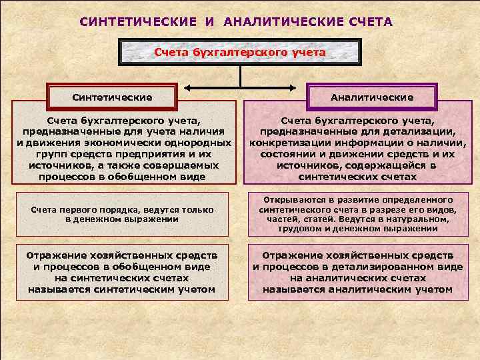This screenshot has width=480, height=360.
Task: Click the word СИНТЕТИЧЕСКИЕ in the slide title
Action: coord(137,22)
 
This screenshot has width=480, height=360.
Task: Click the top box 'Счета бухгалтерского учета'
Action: coord(240,52)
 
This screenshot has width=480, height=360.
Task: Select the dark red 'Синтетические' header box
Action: coord(112,97)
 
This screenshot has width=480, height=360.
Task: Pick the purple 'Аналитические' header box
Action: coord(372,97)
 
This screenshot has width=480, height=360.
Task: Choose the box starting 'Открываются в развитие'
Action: coord(358,214)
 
